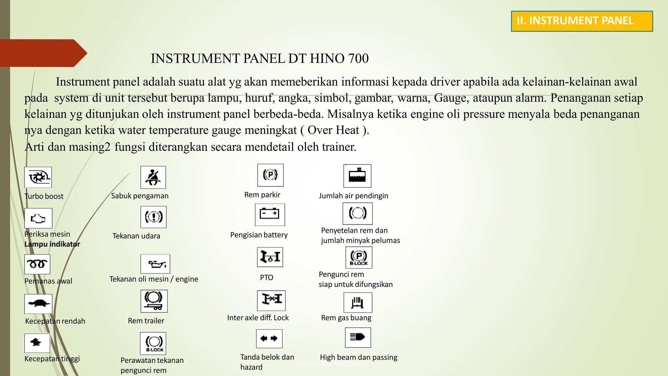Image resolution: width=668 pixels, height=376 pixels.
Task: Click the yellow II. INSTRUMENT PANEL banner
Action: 582,21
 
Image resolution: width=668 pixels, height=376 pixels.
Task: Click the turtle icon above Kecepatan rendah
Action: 38,304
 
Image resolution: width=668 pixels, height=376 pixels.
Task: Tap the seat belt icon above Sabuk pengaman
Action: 153,177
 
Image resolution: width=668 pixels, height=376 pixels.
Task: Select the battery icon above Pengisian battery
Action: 270,214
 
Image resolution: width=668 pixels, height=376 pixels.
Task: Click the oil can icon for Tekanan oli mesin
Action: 155,264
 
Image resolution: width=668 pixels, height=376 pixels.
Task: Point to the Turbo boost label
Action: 44,196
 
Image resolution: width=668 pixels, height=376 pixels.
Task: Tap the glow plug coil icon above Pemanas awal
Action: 37,264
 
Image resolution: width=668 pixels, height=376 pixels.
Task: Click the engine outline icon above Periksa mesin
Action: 38,218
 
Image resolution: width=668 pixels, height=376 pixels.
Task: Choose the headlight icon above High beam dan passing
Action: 358,337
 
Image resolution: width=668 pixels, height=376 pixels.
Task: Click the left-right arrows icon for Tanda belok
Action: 269,338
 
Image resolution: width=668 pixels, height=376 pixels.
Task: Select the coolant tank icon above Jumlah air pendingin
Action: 357,176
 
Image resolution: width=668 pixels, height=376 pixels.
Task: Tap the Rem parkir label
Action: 262,195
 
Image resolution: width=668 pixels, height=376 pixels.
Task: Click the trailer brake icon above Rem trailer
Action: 154,301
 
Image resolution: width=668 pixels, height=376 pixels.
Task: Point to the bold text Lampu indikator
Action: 52,244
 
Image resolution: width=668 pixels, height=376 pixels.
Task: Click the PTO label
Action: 266,277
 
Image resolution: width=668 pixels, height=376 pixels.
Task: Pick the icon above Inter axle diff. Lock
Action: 271,300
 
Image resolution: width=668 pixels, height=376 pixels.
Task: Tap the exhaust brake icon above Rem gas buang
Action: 357,303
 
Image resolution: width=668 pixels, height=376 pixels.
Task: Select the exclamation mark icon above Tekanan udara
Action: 153,217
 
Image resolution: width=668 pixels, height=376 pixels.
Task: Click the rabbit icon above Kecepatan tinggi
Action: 37,343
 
